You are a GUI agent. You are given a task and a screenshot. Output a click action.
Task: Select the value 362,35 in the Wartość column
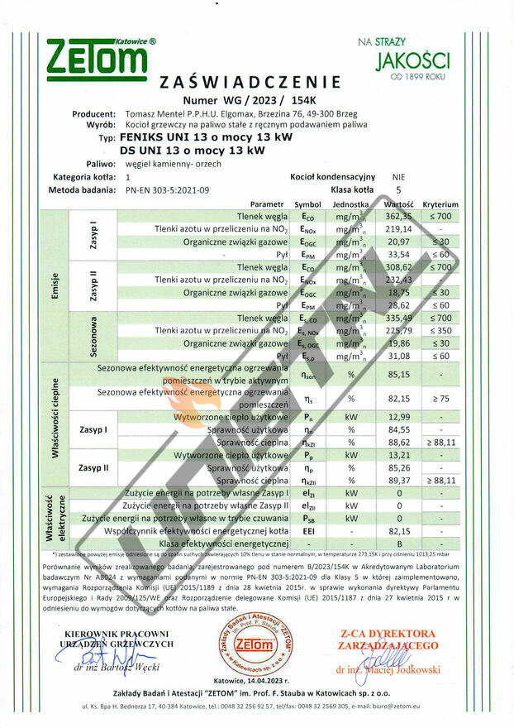[x=398, y=216]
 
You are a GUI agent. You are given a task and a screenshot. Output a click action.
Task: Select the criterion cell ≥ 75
[x=440, y=398]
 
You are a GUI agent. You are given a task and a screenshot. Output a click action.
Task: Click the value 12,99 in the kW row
[x=398, y=417]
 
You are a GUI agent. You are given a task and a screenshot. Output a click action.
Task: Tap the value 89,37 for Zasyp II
[x=398, y=480]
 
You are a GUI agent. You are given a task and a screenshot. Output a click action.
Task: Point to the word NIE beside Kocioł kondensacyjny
[x=398, y=176]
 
